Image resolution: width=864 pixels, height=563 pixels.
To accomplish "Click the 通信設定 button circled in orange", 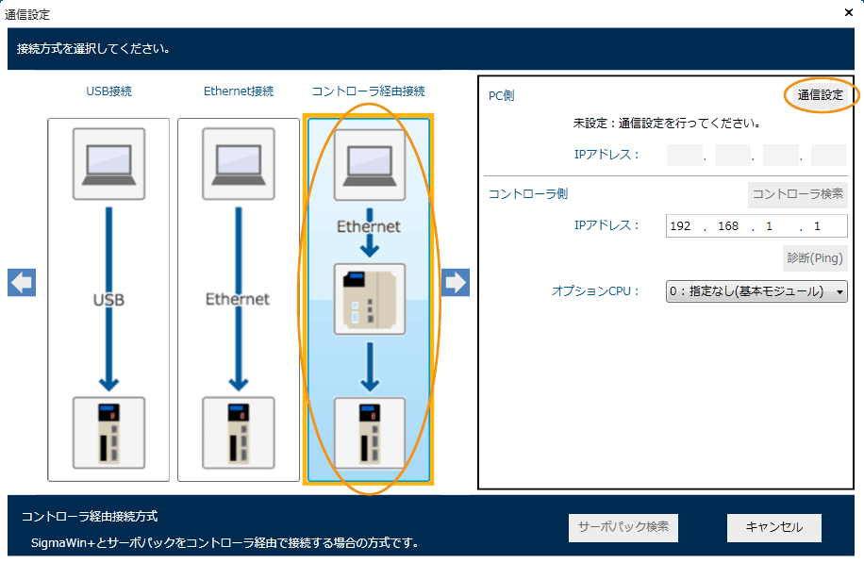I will (820, 95).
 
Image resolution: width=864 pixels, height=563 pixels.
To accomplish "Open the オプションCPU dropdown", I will (756, 291).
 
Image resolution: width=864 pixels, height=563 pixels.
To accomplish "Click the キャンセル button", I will (773, 527).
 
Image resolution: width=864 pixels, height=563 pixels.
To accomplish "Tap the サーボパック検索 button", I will (623, 527).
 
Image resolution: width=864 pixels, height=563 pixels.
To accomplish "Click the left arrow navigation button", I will (21, 282).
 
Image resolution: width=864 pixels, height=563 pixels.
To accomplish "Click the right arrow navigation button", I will (456, 282).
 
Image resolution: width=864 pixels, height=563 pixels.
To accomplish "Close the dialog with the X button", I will (848, 13).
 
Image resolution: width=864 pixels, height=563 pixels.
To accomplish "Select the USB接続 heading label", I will (108, 91).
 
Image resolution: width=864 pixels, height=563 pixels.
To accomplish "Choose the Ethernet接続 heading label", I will (239, 91).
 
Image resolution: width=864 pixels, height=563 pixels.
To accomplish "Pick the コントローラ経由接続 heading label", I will (368, 91).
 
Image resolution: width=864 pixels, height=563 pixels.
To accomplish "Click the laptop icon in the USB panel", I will (108, 164).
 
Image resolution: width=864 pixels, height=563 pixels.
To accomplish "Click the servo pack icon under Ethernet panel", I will (239, 433).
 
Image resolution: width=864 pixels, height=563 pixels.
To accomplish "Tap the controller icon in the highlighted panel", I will (370, 299).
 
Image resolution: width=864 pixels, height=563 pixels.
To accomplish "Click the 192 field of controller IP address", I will (681, 226).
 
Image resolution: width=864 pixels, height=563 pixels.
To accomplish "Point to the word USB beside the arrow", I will (108, 300).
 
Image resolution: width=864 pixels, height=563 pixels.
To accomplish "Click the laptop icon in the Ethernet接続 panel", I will (239, 164).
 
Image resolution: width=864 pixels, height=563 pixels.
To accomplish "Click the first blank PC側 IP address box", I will (685, 155).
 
